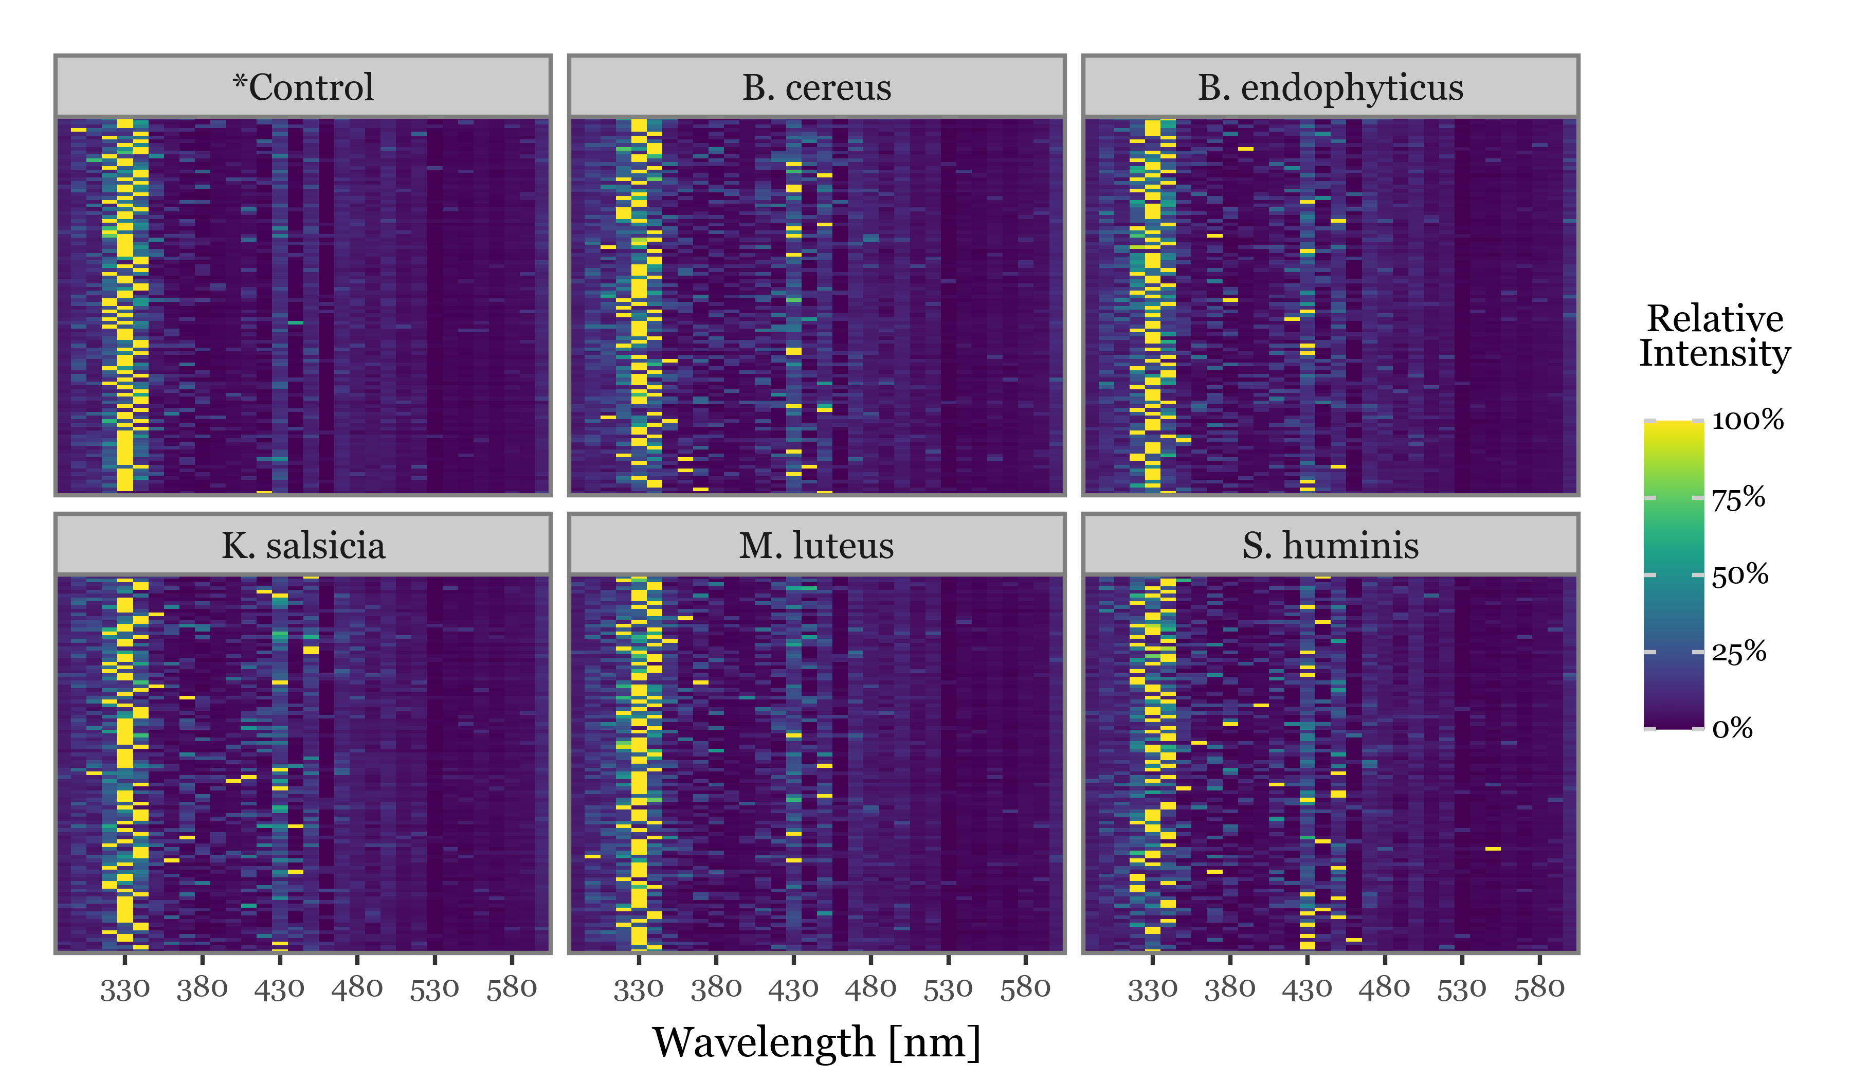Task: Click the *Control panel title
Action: pos(303,87)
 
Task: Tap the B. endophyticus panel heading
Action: pos(1330,87)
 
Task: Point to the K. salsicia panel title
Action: pos(303,546)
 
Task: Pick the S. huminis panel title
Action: pos(1330,546)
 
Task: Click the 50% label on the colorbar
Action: pos(1739,574)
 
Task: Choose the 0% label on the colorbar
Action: pos(1732,729)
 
